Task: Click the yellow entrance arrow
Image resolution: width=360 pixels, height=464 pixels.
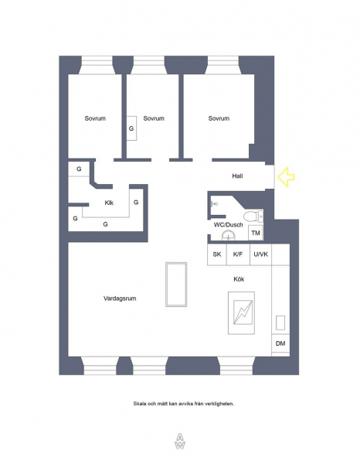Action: pos(286,177)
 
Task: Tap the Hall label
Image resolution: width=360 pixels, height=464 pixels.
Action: pos(237,176)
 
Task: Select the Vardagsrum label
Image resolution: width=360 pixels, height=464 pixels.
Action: pos(120,299)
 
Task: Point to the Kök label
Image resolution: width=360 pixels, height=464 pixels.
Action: pos(239,279)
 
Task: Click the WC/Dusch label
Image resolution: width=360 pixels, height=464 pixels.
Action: pos(228,225)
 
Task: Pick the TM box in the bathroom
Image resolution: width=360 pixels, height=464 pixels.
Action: pos(256,233)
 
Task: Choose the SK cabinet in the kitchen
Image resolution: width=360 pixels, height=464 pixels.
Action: pos(217,254)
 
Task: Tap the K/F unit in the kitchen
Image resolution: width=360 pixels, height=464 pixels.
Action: pos(238,254)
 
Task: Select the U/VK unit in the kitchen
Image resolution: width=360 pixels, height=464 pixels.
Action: pos(260,254)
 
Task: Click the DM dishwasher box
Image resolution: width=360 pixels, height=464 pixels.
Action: pos(280,343)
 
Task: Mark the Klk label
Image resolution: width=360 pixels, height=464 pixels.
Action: pos(109,203)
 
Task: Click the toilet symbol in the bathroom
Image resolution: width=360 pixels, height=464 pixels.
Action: pos(253,216)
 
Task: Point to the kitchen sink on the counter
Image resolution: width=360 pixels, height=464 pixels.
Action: pos(280,322)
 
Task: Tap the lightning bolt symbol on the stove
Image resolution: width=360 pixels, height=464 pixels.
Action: pos(243,312)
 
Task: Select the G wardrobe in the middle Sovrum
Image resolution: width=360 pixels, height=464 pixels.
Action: pos(132,128)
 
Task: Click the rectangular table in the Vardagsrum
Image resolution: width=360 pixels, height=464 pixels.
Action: pos(176,284)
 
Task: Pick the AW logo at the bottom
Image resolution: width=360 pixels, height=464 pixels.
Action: pos(180,442)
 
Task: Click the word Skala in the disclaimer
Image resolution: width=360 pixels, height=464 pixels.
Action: pos(139,404)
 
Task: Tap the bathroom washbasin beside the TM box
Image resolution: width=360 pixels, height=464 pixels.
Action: pos(229,236)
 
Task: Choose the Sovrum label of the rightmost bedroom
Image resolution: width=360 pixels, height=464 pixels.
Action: pos(219,118)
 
